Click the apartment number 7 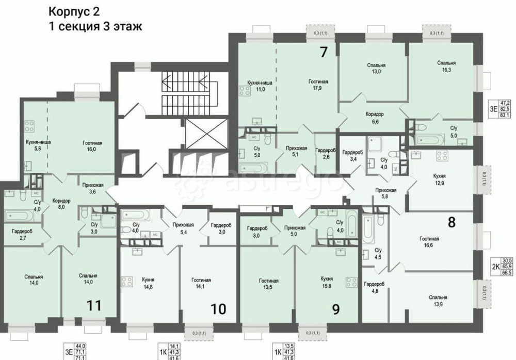coord(324,52)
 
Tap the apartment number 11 coord(93,305)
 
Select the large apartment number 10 coord(218,309)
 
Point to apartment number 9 coord(336,309)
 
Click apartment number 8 coord(451,223)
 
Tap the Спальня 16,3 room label coord(446,67)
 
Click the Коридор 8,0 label coord(61,204)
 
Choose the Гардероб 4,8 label coord(373,287)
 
